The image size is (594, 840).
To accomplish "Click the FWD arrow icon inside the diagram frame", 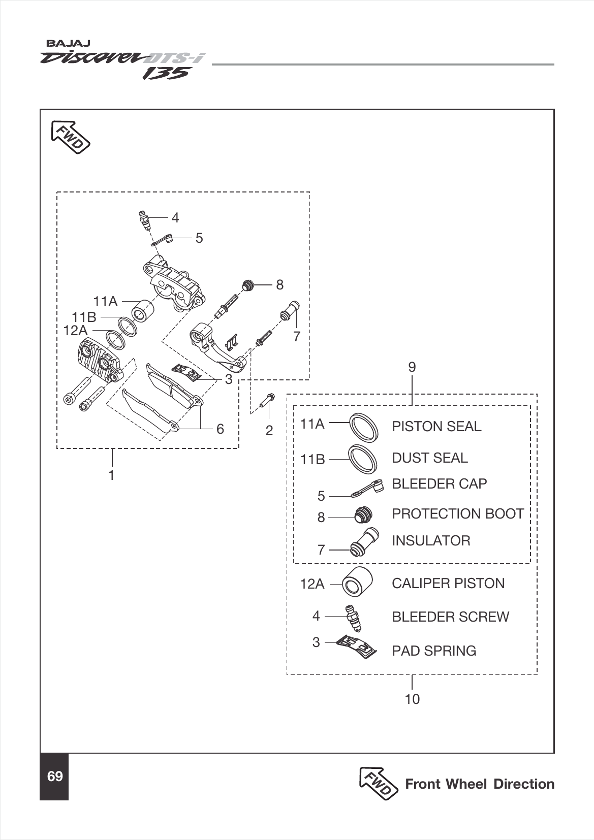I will pos(71,137).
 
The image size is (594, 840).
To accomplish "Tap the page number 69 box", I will pos(54,777).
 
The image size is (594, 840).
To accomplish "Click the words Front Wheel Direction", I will pos(479,784).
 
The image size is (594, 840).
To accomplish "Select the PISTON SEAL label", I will pos(436,426).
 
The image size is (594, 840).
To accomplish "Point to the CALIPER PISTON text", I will pos(448,583).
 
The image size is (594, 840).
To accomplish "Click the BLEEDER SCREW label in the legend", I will pos(450,617).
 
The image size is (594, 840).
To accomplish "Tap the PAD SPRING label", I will pos(433,651).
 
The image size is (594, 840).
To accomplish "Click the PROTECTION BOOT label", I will pos(457,513).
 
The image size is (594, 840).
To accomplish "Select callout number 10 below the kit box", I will pos(412,699).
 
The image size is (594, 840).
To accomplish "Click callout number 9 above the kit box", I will pos(412,367).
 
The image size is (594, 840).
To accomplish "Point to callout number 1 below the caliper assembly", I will pos(111,475).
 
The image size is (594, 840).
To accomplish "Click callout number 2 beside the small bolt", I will pos(269,431).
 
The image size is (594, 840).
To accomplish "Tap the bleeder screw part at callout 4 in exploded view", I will pos(145,220).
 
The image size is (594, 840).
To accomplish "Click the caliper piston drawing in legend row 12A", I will pos(357,582).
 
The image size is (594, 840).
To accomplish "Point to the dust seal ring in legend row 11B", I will pos(363,458).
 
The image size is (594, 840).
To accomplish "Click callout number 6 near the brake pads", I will pos(220,429).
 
